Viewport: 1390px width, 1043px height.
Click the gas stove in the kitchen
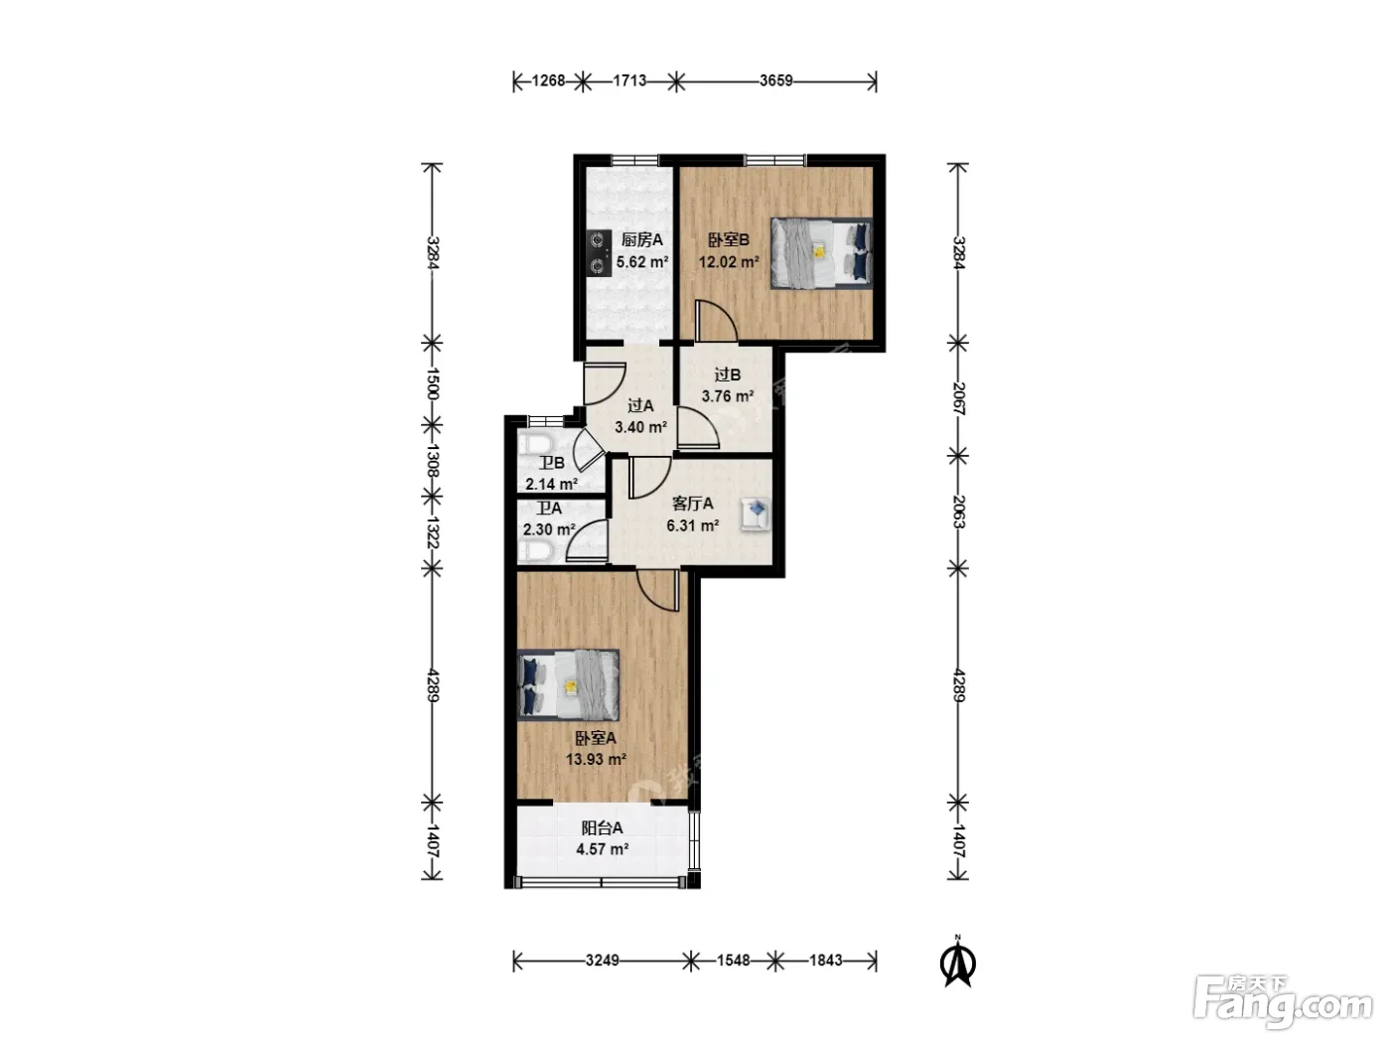[x=599, y=252]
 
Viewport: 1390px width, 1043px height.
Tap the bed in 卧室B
[x=821, y=253]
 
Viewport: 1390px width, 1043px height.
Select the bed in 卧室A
[x=568, y=684]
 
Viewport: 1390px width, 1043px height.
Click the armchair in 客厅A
[x=757, y=513]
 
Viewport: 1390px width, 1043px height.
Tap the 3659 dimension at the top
[x=775, y=81]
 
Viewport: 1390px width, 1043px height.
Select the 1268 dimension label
[x=548, y=81]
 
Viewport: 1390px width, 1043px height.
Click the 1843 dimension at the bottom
[x=826, y=961]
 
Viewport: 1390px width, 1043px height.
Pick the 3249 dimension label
[x=602, y=961]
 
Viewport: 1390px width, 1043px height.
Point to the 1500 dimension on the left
[x=433, y=383]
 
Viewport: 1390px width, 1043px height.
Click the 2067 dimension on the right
[x=958, y=398]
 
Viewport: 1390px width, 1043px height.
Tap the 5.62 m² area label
[x=642, y=261]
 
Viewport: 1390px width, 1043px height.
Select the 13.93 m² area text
[x=596, y=759]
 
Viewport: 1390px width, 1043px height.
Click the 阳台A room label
[x=602, y=827]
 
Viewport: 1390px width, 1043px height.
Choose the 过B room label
[x=727, y=374]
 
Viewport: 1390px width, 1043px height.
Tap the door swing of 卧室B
[x=716, y=322]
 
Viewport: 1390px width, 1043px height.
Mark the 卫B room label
[x=552, y=463]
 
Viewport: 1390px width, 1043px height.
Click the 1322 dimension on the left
[x=433, y=532]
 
